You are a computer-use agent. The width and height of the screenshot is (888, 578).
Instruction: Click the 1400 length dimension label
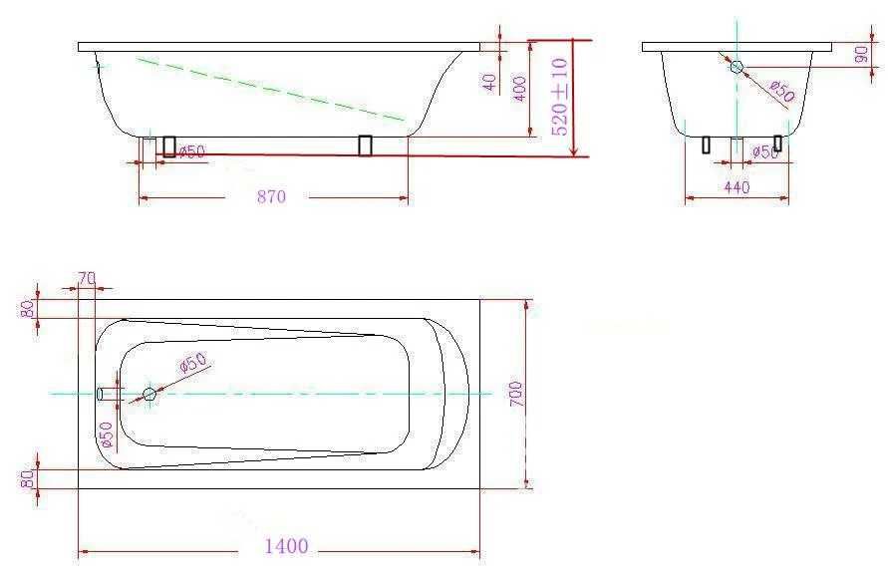pos(287,546)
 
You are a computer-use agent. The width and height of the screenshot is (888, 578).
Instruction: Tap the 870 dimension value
pos(272,197)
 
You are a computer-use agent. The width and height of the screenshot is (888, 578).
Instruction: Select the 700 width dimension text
pos(516,394)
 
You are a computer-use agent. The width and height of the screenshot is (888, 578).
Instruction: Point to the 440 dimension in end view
pos(737,187)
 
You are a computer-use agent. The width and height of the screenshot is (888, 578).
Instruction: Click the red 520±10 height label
pos(559,97)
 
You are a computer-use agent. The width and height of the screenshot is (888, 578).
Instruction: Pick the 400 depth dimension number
pos(519,89)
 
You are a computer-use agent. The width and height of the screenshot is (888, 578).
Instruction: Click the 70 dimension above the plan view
pos(87,278)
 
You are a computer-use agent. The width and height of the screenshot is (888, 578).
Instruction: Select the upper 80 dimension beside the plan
pos(28,309)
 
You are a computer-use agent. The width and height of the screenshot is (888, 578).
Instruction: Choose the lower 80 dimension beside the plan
pos(28,480)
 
